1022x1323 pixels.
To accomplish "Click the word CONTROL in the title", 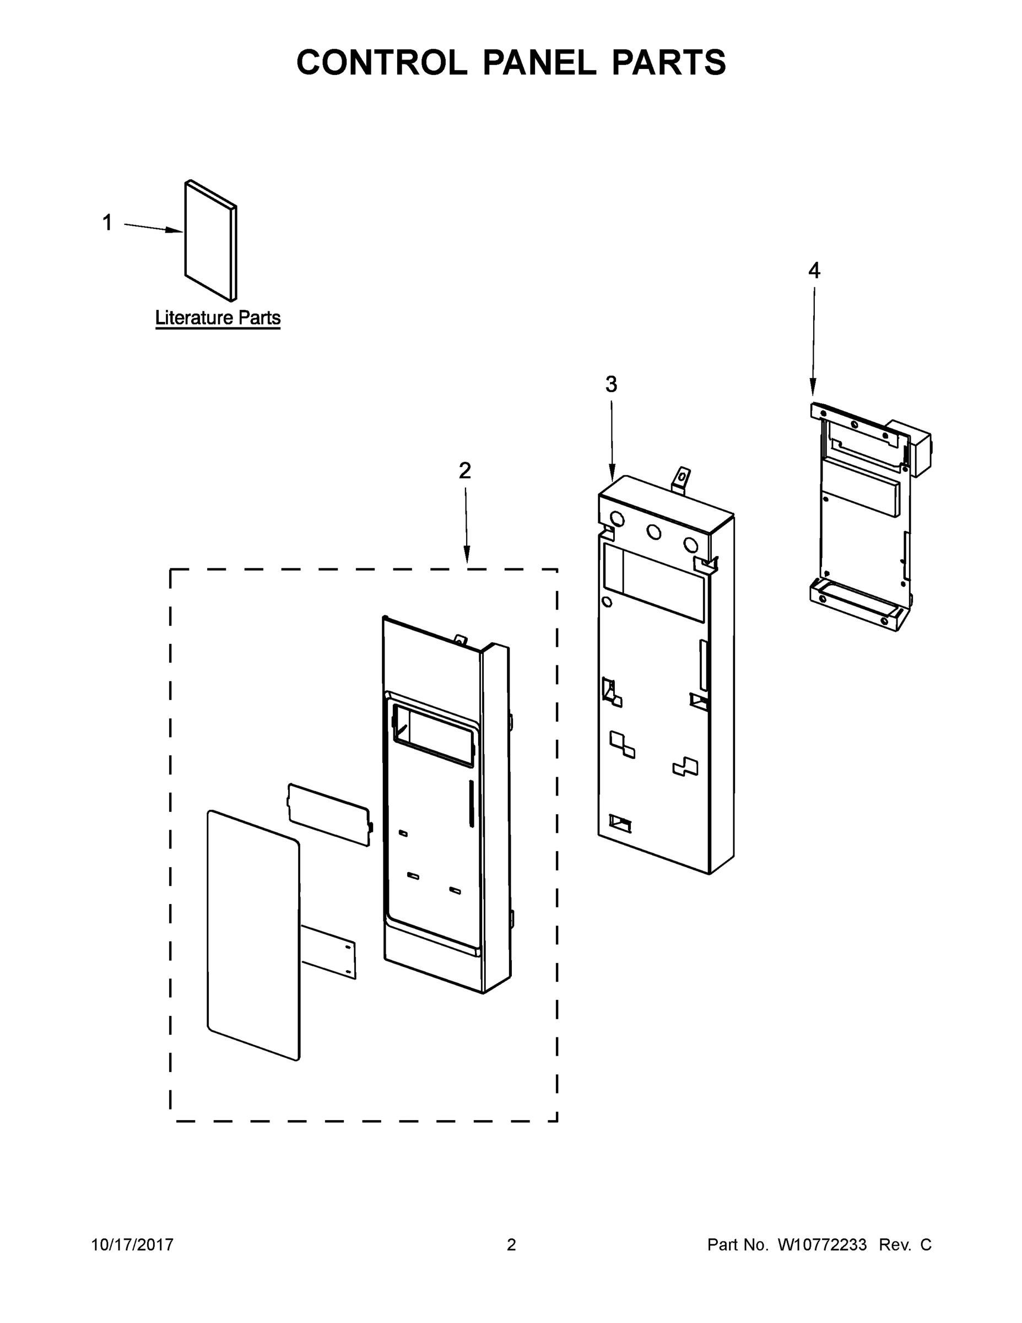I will [x=381, y=62].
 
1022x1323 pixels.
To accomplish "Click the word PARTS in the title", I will [x=668, y=62].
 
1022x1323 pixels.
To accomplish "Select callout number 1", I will [x=107, y=223].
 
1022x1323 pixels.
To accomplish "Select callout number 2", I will [x=464, y=471].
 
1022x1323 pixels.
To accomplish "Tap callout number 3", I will [x=611, y=384].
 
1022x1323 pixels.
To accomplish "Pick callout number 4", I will [x=814, y=270].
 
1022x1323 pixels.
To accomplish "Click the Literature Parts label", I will [x=218, y=318].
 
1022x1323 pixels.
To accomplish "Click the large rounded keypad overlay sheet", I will [x=253, y=936].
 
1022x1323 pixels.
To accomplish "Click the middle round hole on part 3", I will [x=653, y=532].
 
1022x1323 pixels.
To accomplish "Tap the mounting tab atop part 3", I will [x=681, y=479].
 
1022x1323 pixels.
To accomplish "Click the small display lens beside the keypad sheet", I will [x=329, y=815].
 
